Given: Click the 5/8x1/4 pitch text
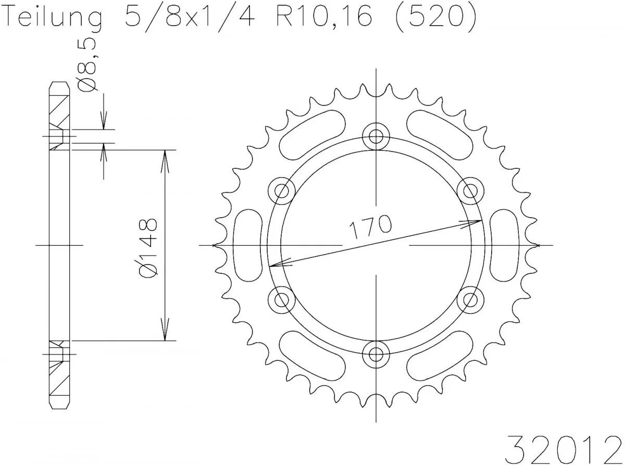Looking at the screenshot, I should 190,19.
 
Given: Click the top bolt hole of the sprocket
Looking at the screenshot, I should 376,136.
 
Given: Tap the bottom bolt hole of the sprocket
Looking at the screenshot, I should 376,354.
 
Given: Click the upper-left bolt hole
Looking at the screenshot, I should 281,191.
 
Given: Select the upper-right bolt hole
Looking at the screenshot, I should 470,191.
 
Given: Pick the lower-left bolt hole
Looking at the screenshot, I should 281,299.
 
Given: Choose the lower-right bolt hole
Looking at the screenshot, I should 470,299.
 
